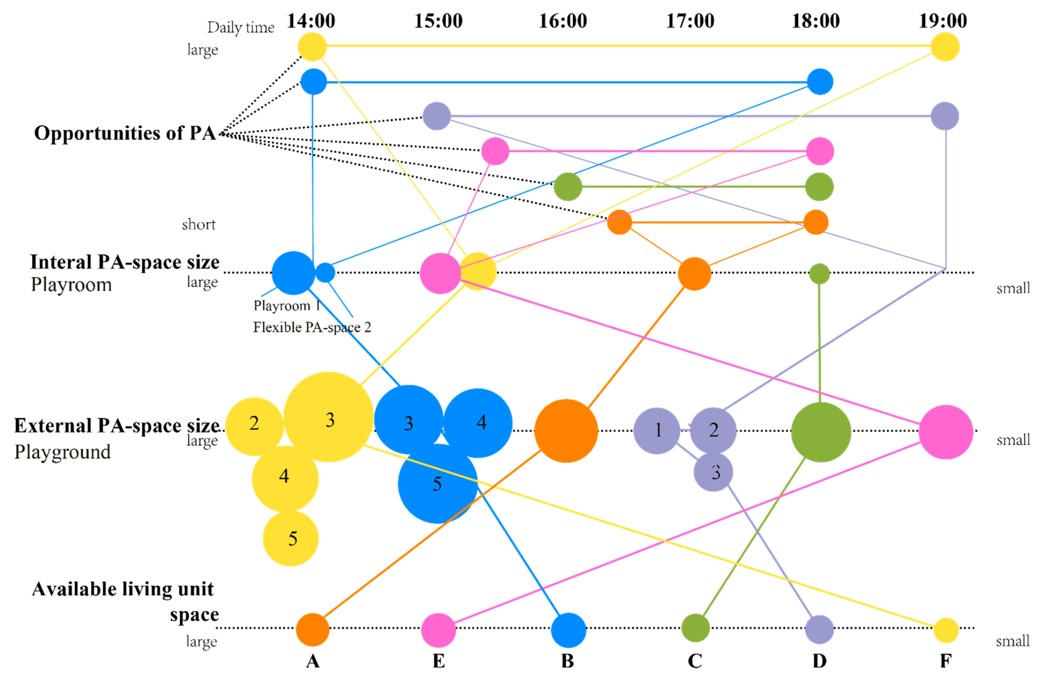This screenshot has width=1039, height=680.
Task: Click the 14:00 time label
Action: (x=311, y=21)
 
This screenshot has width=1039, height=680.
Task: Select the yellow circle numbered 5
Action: (x=291, y=538)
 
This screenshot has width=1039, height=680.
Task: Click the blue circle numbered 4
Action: (x=478, y=423)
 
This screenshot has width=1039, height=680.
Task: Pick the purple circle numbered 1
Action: (x=657, y=431)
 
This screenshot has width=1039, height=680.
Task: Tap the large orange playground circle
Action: (x=566, y=431)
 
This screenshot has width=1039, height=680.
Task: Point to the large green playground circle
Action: (x=821, y=432)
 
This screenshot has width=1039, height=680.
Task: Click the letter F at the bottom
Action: (x=946, y=661)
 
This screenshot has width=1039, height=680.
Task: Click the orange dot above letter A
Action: (x=313, y=629)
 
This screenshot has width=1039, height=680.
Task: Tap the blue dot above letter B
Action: (x=568, y=630)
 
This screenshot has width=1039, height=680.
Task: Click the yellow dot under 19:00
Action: (x=945, y=47)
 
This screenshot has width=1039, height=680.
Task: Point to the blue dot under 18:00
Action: (x=820, y=82)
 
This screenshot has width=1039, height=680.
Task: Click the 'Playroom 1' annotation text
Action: (x=287, y=305)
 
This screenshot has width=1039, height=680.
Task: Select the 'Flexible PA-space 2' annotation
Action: (x=312, y=327)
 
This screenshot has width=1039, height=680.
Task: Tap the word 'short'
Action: (x=199, y=225)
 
